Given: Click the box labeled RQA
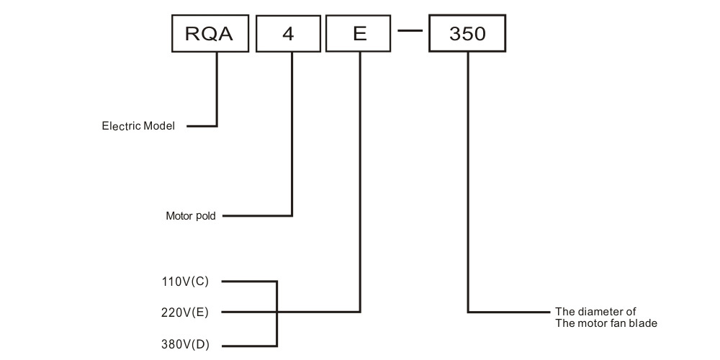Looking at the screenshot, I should click(x=210, y=34).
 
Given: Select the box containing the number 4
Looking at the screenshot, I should click(x=288, y=34).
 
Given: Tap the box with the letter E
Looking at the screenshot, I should click(x=358, y=34).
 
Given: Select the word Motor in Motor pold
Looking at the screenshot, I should click(x=180, y=215).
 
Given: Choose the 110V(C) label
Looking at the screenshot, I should click(x=186, y=282).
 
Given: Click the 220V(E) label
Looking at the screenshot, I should click(x=186, y=312).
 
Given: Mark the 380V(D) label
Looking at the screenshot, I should click(x=186, y=344).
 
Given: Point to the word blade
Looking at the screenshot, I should click(x=644, y=323).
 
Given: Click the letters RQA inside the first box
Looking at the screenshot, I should click(x=210, y=34).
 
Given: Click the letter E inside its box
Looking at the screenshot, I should click(x=359, y=34).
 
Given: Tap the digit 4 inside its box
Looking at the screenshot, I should click(x=288, y=34).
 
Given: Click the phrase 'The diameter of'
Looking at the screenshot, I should click(x=595, y=312).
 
